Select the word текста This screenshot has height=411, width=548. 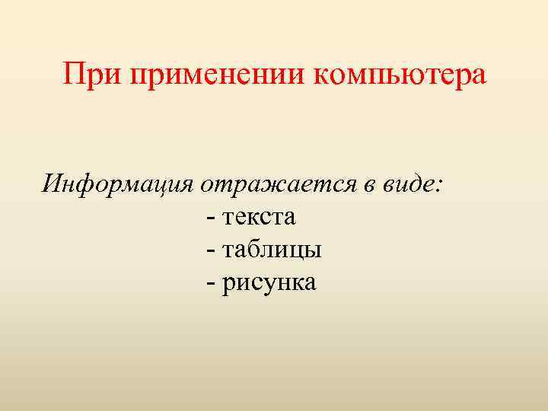tap(260, 218)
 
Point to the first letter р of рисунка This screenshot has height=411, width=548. tap(229, 285)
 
